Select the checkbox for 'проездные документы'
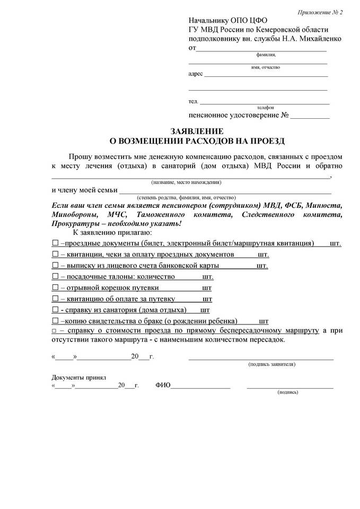[55, 243]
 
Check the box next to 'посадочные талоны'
[55, 277]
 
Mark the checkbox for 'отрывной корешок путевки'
[55, 288]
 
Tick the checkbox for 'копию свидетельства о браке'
[55, 321]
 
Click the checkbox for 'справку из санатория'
[55, 310]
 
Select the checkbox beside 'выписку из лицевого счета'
[55, 266]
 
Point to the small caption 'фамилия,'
[266, 55]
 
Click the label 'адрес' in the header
[196, 74]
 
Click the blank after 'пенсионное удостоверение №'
[310, 116]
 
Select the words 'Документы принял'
[79, 378]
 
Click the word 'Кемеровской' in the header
[286, 30]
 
